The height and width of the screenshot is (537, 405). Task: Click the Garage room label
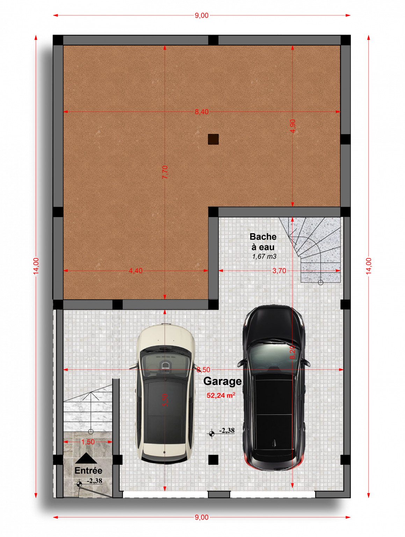(x=223, y=381)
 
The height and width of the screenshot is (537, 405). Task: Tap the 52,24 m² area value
(x=221, y=396)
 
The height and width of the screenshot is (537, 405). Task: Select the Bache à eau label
(x=263, y=242)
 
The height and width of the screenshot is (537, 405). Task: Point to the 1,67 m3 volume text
(x=264, y=256)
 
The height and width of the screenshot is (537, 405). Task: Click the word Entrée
(x=88, y=471)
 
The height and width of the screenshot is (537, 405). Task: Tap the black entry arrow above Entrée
(x=86, y=458)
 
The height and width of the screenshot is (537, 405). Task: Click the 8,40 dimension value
(x=202, y=112)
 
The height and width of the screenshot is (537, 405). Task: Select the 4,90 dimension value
(x=292, y=126)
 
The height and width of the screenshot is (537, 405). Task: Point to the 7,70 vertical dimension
(x=165, y=172)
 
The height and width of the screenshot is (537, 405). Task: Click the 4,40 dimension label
(x=136, y=271)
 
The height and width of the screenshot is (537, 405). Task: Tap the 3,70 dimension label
(x=279, y=271)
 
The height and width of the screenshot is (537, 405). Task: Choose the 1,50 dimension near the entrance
(x=88, y=442)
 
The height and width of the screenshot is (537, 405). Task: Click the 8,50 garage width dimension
(x=203, y=370)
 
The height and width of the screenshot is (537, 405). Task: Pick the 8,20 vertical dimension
(x=292, y=352)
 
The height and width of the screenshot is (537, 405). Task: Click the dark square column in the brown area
(x=213, y=139)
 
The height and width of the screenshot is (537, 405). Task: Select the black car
(x=274, y=388)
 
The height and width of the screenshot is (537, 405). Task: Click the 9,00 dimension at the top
(x=202, y=15)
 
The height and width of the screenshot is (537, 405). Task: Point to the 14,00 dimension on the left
(x=36, y=266)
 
